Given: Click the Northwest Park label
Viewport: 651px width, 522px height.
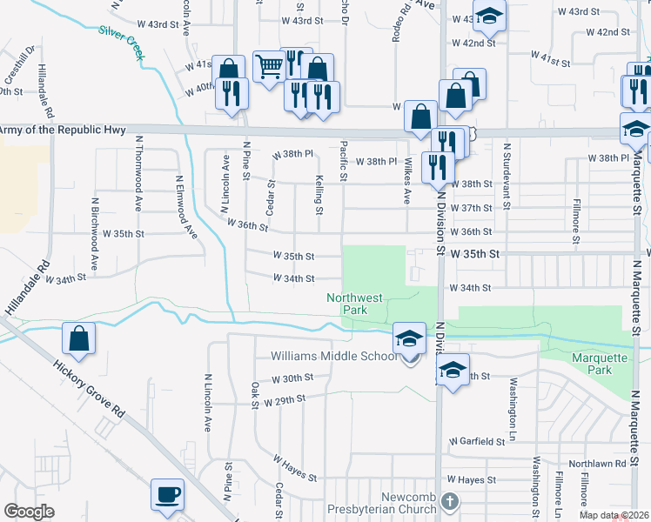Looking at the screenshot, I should click(355, 304).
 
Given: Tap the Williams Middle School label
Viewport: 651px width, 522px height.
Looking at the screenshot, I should click(333, 357).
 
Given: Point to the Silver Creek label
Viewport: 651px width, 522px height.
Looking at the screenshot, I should click(123, 41).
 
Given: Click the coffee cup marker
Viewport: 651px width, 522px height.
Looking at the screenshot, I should click(167, 495).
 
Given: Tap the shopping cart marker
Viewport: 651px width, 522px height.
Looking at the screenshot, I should click(269, 64).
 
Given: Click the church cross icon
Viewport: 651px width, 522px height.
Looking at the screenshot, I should click(449, 502).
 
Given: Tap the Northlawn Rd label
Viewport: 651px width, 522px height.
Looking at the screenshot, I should click(596, 465).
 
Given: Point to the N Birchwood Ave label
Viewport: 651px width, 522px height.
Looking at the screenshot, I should click(94, 233).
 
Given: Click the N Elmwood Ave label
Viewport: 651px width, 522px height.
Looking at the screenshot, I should click(187, 206).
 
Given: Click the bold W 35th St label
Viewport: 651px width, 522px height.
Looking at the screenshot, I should click(477, 252).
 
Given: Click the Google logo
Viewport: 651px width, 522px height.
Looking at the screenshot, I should click(29, 512).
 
